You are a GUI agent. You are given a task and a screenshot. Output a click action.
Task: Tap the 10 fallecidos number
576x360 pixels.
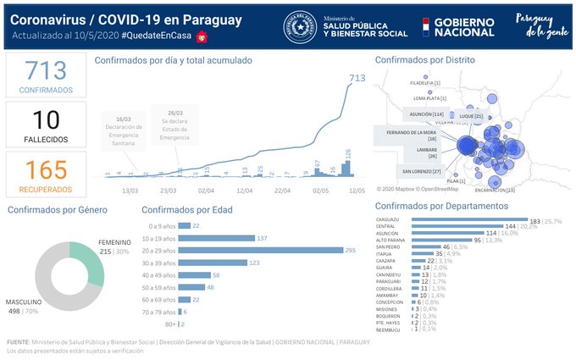click(46, 120)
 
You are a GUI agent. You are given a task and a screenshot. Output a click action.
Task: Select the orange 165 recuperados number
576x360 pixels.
click(46, 169)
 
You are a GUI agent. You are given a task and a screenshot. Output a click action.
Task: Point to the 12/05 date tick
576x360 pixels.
click(356, 191)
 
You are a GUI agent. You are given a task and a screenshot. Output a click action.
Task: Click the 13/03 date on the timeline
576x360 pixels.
click(130, 191)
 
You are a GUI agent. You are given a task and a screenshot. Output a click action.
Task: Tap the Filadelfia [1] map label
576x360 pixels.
click(424, 83)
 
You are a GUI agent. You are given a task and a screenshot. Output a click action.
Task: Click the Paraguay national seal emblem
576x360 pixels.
click(300, 25)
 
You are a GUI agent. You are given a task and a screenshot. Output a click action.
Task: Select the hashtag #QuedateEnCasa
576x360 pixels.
click(157, 36)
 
